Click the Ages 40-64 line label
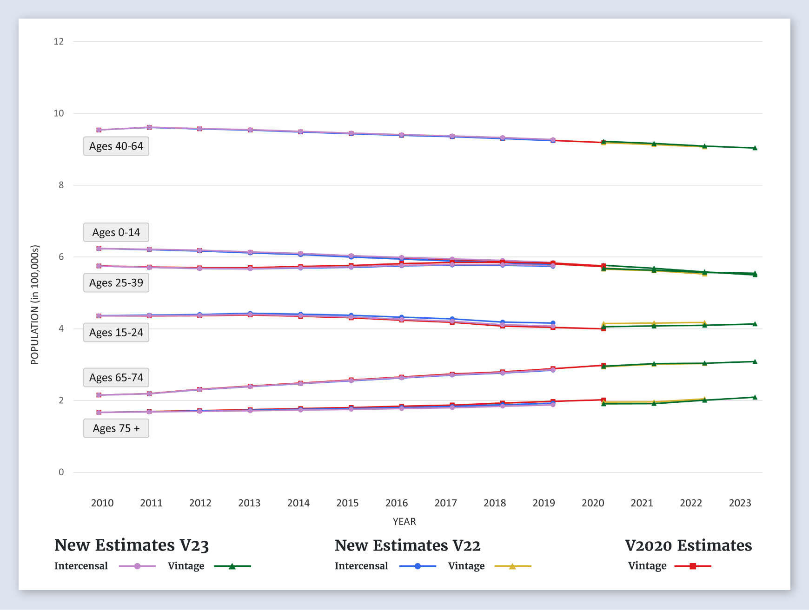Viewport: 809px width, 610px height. point(116,146)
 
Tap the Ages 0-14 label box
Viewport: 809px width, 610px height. point(116,232)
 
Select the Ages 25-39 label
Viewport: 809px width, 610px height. point(116,283)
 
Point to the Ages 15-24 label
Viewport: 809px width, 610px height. point(116,333)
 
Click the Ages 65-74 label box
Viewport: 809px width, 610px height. point(116,378)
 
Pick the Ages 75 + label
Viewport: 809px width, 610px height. point(116,428)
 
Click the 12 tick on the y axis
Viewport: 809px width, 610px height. point(59,41)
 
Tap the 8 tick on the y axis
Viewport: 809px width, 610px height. point(61,185)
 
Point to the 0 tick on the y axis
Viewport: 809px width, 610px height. point(61,472)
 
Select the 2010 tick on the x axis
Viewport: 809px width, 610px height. point(102,503)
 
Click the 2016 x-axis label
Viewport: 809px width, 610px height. point(397,503)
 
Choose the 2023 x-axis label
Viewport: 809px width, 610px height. point(740,503)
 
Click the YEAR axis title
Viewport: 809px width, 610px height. point(404,521)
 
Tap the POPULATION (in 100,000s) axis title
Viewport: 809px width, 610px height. point(35,305)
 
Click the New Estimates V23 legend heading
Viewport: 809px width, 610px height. point(132,545)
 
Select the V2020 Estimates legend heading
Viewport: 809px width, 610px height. point(688,545)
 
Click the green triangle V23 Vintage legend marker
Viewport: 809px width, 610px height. point(232,566)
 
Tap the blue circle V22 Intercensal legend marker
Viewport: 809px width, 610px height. point(418,566)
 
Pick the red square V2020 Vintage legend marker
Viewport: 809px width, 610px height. point(693,566)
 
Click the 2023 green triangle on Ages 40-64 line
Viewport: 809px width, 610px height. point(755,148)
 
